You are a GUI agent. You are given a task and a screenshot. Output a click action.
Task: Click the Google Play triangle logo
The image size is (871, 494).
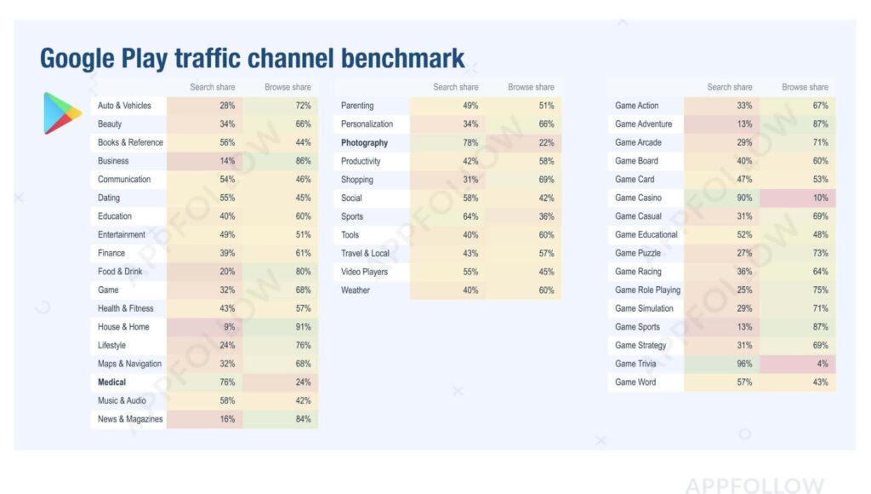point(62,113)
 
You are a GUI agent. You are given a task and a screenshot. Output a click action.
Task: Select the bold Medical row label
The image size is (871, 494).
point(111,382)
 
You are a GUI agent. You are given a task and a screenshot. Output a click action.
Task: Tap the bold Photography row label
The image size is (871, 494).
point(364,143)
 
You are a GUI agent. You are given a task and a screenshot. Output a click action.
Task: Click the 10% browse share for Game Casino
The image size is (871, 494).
point(819,198)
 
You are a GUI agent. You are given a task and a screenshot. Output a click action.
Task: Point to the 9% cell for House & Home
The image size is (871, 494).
point(229,327)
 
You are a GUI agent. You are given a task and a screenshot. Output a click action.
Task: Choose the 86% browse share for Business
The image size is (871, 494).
point(302,161)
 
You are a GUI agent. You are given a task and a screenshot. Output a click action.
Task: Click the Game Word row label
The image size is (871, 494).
point(635,382)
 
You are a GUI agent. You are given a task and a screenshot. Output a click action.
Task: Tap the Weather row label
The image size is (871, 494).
point(356,290)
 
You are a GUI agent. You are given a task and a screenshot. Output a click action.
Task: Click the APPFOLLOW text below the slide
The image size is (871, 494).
point(754,485)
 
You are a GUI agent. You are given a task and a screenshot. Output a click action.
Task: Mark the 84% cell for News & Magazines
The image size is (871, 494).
point(302,419)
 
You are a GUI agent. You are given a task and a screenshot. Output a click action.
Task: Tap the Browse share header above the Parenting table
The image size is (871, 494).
point(531,87)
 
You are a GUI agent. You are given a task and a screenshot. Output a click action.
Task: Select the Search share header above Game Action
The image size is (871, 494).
point(729,87)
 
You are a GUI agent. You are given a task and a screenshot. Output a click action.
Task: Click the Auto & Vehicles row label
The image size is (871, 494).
point(124,106)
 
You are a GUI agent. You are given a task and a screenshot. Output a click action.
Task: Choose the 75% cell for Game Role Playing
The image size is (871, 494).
point(819,290)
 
